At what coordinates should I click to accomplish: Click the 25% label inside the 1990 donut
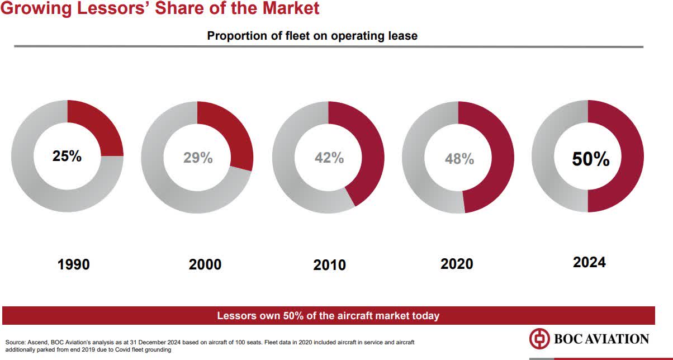(67, 157)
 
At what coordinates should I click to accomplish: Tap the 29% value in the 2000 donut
(198, 158)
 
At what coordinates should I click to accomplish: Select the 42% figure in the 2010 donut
(329, 158)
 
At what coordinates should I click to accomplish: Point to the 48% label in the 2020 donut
(459, 159)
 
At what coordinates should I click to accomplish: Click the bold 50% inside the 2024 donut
(590, 159)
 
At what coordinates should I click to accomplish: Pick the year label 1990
(74, 264)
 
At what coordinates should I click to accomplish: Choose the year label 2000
(205, 264)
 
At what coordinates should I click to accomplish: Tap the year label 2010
(330, 265)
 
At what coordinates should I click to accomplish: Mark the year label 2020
(457, 264)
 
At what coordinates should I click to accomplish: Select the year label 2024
(589, 262)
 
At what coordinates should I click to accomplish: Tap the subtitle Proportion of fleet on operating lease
(312, 36)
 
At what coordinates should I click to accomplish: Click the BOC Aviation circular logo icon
(539, 339)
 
